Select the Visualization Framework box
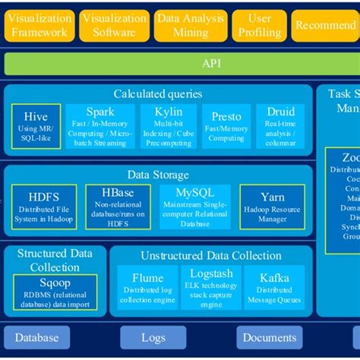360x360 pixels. point(39,25)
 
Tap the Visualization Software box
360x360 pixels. point(114,25)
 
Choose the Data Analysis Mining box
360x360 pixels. point(191,25)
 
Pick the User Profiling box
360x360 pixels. point(260,25)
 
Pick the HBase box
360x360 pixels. point(112,204)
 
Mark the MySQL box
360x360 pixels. point(194,204)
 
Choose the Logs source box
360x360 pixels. point(154,338)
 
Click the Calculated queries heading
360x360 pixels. point(158,93)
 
